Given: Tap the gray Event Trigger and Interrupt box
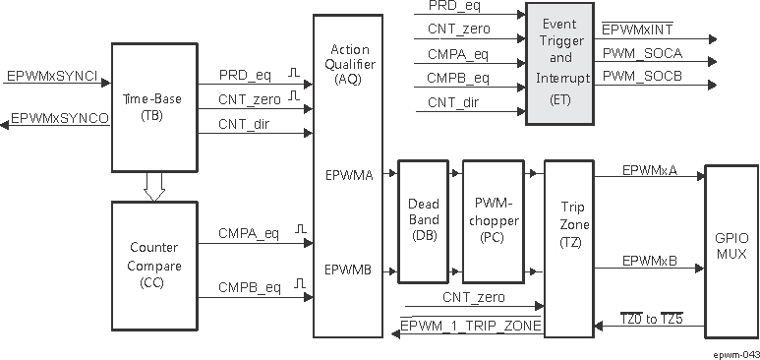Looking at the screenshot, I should pyautogui.click(x=558, y=64).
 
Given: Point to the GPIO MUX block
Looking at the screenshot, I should pyautogui.click(x=731, y=247).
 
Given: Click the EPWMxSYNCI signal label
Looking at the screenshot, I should pyautogui.click(x=51, y=75).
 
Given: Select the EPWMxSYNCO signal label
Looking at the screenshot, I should pyautogui.click(x=59, y=118).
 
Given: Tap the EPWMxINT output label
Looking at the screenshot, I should pyautogui.click(x=638, y=30).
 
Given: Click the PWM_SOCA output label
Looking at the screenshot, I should pyautogui.click(x=642, y=52).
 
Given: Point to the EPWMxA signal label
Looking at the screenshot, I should pyautogui.click(x=649, y=170).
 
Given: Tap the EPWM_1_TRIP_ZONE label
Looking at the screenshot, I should pyautogui.click(x=470, y=326).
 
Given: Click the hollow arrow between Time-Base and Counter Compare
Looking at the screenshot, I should pyautogui.click(x=152, y=187).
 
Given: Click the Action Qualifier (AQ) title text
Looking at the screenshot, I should pyautogui.click(x=350, y=63).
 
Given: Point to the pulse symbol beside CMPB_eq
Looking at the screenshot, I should pyautogui.click(x=294, y=285).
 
